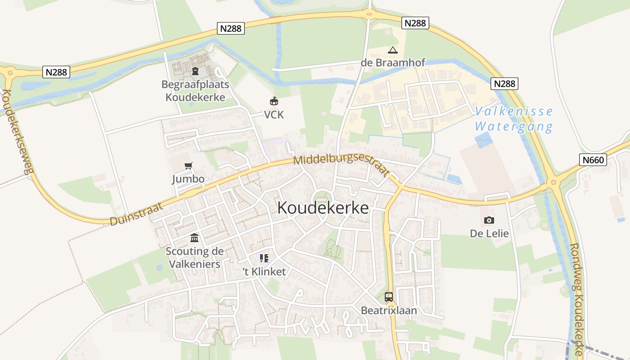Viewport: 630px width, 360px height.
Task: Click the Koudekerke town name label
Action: click(323, 208)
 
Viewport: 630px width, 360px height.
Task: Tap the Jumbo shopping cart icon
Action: click(189, 166)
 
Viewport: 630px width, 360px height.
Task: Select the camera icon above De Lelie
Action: click(489, 220)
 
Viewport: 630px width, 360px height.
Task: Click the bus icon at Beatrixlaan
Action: click(389, 297)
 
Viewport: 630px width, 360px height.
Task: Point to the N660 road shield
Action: click(593, 160)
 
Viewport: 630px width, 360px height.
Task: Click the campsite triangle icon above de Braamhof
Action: click(393, 50)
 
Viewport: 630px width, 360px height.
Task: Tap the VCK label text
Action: click(274, 115)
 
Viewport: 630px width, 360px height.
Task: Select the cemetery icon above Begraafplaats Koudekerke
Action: click(195, 71)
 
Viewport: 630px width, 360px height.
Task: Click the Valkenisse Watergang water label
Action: click(513, 119)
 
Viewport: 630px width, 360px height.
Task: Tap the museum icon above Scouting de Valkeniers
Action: click(194, 238)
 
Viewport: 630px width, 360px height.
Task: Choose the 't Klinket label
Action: click(264, 272)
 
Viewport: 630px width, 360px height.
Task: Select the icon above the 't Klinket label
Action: click(264, 258)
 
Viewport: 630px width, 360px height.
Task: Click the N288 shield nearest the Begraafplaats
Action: click(231, 28)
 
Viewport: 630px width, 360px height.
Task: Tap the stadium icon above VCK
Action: click(274, 101)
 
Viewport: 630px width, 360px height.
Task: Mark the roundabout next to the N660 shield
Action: click(553, 183)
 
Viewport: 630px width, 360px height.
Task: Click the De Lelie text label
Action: click(489, 234)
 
